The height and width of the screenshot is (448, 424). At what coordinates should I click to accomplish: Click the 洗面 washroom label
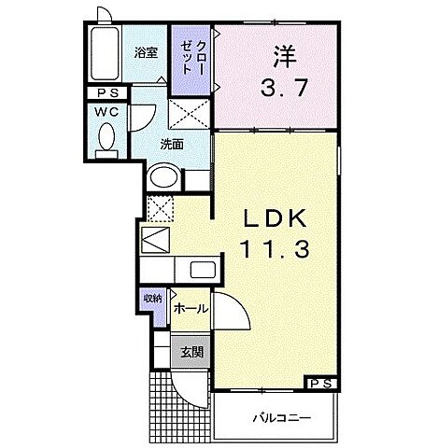pyautogui.click(x=170, y=145)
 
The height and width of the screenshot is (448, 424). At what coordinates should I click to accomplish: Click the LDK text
pyautogui.click(x=277, y=220)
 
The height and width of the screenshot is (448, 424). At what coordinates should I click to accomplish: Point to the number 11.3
pyautogui.click(x=277, y=251)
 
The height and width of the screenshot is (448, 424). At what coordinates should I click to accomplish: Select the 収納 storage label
pyautogui.click(x=152, y=299)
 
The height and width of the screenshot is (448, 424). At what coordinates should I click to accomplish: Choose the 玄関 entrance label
pyautogui.click(x=192, y=352)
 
